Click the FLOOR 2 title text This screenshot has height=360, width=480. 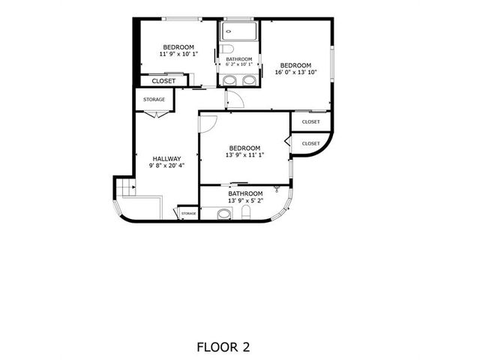(223, 347)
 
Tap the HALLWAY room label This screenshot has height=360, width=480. (166, 159)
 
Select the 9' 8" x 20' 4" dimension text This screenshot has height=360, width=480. (166, 166)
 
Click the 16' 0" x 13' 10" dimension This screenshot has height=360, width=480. (295, 72)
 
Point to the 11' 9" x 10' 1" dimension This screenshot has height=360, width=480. (178, 54)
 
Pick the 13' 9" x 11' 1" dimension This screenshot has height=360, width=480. (244, 155)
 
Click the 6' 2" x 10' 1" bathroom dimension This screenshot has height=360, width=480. (239, 64)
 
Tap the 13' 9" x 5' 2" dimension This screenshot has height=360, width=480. (245, 200)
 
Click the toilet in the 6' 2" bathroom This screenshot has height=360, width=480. (227, 49)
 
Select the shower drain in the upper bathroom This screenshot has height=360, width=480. (228, 31)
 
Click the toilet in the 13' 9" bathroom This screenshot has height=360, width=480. (246, 212)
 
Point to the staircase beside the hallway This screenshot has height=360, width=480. (125, 187)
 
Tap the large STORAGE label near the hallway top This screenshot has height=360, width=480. (154, 100)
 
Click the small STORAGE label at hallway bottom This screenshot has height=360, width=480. (188, 213)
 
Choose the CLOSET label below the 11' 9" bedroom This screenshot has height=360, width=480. (163, 81)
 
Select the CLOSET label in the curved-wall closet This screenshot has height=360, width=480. (310, 143)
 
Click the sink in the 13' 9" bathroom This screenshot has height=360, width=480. (224, 214)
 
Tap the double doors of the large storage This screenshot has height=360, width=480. (157, 115)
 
